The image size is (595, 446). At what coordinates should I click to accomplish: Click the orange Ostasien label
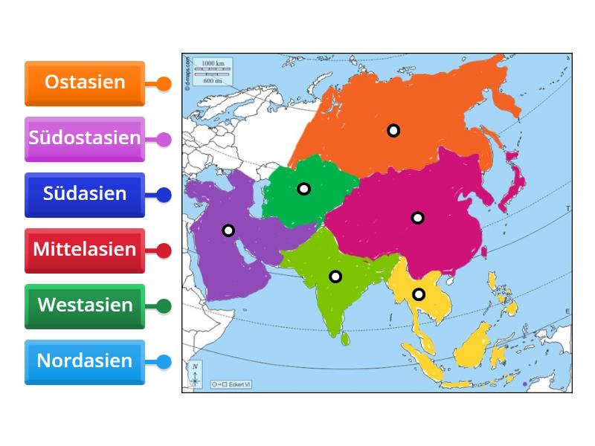click(84, 83)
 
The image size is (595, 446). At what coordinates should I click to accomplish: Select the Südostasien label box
click(84, 138)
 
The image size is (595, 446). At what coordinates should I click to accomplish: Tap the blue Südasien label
click(84, 194)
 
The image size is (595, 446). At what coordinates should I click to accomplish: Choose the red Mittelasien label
click(84, 250)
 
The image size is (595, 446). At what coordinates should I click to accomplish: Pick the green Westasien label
click(84, 306)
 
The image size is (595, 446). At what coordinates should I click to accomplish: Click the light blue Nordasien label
click(84, 361)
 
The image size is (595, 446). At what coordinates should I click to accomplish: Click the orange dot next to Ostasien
click(164, 84)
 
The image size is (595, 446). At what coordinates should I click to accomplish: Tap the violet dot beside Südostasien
click(164, 139)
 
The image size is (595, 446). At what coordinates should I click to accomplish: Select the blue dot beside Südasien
click(164, 195)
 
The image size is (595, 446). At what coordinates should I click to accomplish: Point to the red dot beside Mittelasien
click(164, 251)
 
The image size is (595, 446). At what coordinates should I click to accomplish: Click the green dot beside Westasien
click(164, 306)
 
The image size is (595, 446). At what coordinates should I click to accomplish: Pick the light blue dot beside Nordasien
click(164, 362)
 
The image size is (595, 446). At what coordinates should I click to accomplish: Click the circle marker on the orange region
click(393, 130)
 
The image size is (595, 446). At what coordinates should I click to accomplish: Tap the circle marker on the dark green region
click(303, 189)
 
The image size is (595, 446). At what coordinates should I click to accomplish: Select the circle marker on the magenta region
click(418, 218)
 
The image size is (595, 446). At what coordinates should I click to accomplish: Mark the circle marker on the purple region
click(228, 230)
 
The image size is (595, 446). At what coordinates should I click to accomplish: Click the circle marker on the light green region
click(335, 277)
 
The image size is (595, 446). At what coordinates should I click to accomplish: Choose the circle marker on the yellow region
click(419, 294)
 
